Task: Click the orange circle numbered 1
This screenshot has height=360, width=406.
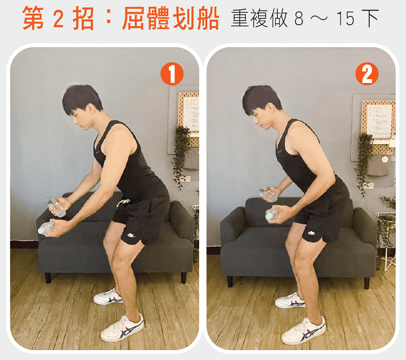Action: [172, 74]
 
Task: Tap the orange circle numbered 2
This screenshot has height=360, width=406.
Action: [366, 74]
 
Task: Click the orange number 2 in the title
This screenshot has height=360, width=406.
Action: [58, 19]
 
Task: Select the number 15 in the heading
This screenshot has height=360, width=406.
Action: [345, 19]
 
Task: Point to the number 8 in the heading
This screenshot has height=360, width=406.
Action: [299, 19]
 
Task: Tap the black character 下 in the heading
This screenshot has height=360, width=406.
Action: [369, 18]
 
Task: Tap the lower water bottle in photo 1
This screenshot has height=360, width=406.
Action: [46, 228]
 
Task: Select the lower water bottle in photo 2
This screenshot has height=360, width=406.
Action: [272, 215]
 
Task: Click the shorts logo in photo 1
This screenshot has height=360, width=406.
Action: [131, 235]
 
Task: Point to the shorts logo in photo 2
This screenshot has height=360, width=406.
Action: [312, 232]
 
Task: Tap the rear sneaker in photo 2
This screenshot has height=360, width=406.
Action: [290, 300]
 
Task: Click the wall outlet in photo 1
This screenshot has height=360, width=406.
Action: [186, 179]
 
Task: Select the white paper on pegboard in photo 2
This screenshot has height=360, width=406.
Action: [379, 121]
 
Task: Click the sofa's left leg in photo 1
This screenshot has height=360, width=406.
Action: [48, 278]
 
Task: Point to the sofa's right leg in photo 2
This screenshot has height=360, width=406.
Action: [366, 283]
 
